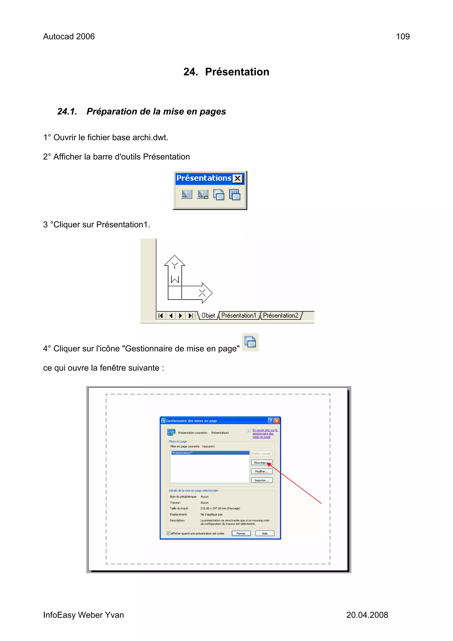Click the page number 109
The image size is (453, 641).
[x=403, y=37]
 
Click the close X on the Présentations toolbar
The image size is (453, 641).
[x=238, y=178]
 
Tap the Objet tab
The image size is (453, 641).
[x=208, y=316]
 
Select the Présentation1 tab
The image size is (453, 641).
[x=239, y=316]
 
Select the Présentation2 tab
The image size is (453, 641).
[x=280, y=316]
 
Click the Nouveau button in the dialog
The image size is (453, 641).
[x=261, y=463]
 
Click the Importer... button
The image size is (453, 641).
[x=261, y=480]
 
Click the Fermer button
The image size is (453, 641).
[x=241, y=533]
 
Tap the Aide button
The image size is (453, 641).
[x=265, y=533]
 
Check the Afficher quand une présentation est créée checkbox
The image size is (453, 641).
[x=168, y=533]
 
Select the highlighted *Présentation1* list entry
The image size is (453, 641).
[x=210, y=453]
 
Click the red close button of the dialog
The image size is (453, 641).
[x=277, y=420]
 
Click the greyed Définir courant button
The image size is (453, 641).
[x=261, y=454]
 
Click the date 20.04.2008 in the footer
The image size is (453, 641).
[x=367, y=615]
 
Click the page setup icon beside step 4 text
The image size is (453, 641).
[x=250, y=342]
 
